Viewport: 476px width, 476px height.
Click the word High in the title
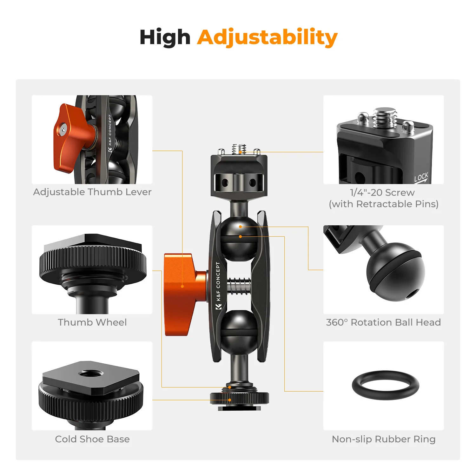tap(165, 37)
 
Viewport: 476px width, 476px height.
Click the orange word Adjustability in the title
tap(267, 37)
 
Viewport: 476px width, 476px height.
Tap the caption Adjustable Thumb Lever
tap(92, 192)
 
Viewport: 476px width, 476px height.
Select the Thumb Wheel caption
tap(92, 322)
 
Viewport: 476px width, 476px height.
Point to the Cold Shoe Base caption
tap(92, 439)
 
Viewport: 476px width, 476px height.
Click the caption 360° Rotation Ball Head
tap(383, 322)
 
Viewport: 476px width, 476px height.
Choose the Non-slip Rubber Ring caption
tap(383, 439)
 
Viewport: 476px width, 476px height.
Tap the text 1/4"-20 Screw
tap(382, 193)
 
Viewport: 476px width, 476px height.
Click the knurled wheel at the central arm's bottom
tap(239, 398)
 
